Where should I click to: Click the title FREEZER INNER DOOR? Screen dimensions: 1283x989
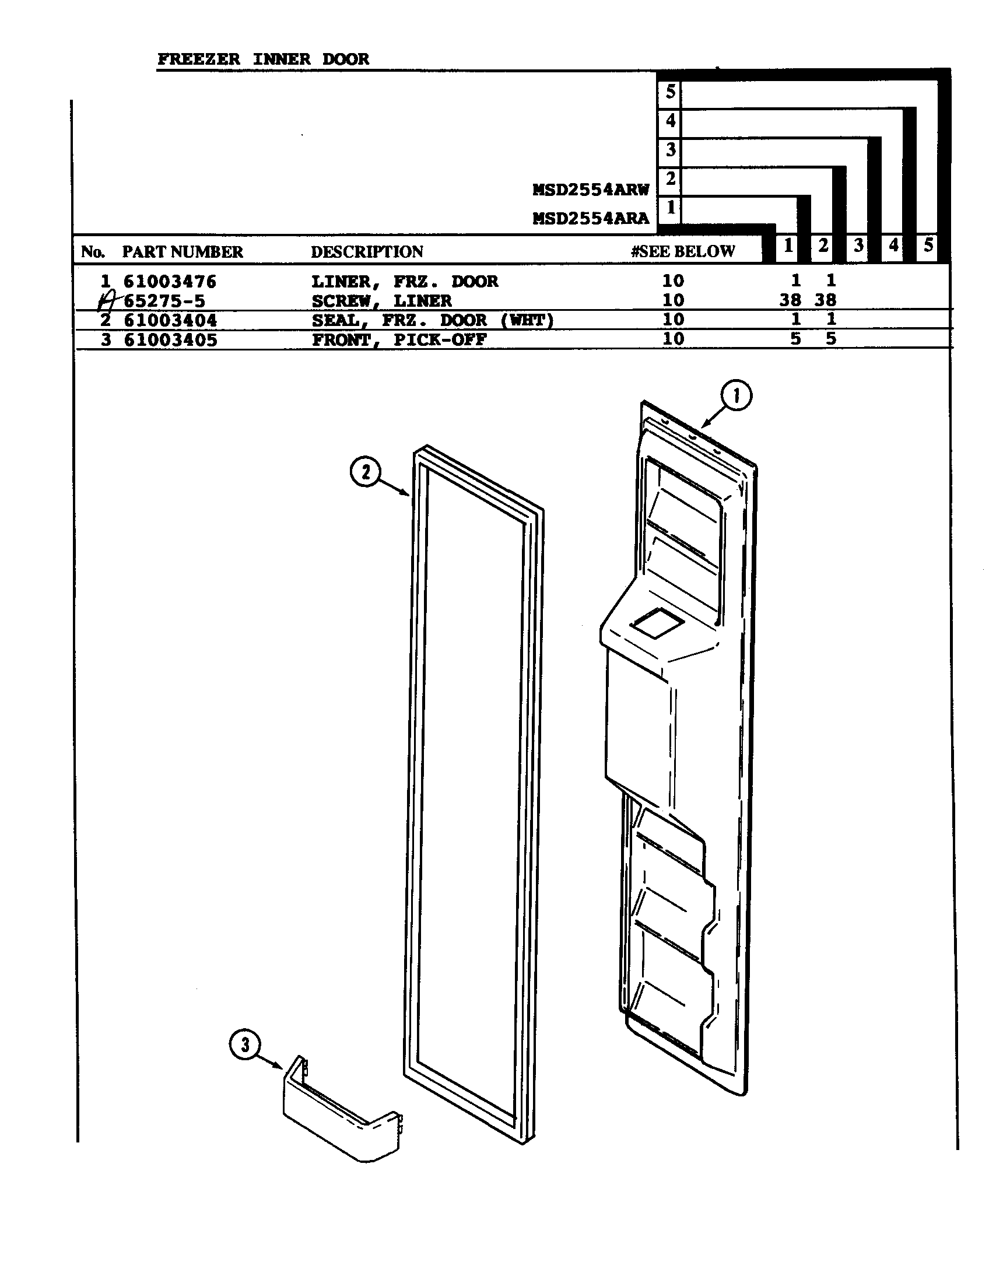pos(263,59)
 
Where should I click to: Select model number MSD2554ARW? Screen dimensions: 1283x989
pos(590,190)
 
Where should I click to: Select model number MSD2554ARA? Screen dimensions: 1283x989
pos(590,219)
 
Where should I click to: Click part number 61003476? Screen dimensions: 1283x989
pos(170,282)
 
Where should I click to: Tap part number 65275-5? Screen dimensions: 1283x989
pos(164,301)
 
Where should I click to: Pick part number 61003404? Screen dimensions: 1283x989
pos(170,320)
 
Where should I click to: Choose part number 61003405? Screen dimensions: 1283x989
pos(170,339)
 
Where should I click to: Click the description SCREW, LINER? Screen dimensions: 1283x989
pos(381,301)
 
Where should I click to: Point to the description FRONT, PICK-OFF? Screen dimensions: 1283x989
pos(399,339)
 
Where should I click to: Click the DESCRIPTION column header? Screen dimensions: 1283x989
pos(366,252)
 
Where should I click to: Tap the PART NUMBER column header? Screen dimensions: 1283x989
pos(182,252)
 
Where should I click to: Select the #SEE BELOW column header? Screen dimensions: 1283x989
pos(682,251)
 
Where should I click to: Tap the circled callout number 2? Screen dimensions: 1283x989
pos(365,472)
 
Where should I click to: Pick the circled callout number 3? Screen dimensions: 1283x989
pos(245,1045)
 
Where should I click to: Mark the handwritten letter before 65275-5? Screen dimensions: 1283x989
pos(107,302)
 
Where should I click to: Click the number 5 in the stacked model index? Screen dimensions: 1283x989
pos(670,92)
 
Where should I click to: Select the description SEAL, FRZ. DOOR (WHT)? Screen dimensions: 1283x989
pos(432,320)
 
